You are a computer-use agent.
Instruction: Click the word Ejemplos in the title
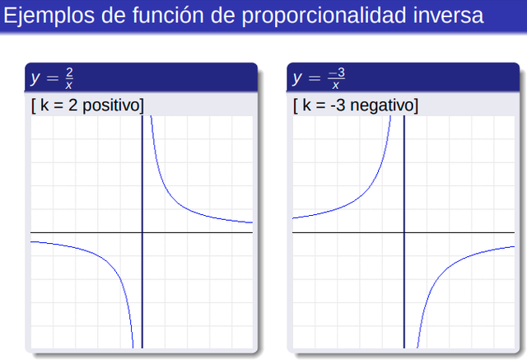49,16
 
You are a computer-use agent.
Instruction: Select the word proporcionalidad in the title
324,16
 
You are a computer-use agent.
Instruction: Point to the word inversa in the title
448,15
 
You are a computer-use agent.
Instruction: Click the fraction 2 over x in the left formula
69,78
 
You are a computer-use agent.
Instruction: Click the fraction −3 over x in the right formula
336,78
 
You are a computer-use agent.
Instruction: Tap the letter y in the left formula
35,78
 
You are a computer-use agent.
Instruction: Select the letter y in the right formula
297,78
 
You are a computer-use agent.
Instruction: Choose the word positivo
112,105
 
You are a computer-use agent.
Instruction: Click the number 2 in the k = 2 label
73,105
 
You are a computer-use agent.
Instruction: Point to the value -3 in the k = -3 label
338,105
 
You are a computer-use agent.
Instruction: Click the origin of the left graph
142,232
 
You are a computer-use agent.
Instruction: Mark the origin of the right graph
404,232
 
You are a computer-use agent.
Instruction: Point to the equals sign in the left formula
53,78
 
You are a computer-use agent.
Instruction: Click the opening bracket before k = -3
296,105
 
